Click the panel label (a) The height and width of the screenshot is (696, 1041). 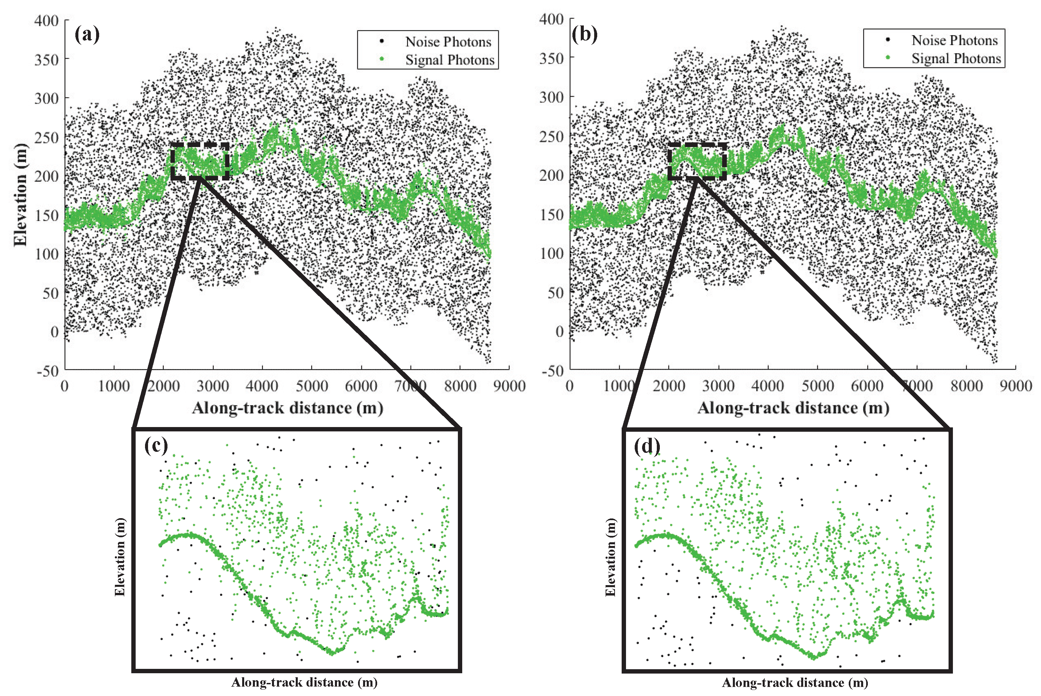(87, 34)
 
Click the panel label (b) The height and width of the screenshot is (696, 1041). (584, 34)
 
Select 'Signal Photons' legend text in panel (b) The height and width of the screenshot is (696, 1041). (956, 59)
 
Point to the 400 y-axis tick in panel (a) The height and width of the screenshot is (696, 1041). (47, 21)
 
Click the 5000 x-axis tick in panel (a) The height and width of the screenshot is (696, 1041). (311, 386)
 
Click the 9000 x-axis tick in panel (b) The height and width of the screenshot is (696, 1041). (1015, 386)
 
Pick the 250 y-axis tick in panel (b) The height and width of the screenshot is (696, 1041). (551, 137)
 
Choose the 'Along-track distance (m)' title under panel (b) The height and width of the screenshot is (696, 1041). (793, 408)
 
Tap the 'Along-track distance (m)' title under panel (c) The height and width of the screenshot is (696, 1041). (304, 682)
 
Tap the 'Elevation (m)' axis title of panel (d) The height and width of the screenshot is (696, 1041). (611, 557)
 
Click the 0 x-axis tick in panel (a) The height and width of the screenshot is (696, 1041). (65, 386)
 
